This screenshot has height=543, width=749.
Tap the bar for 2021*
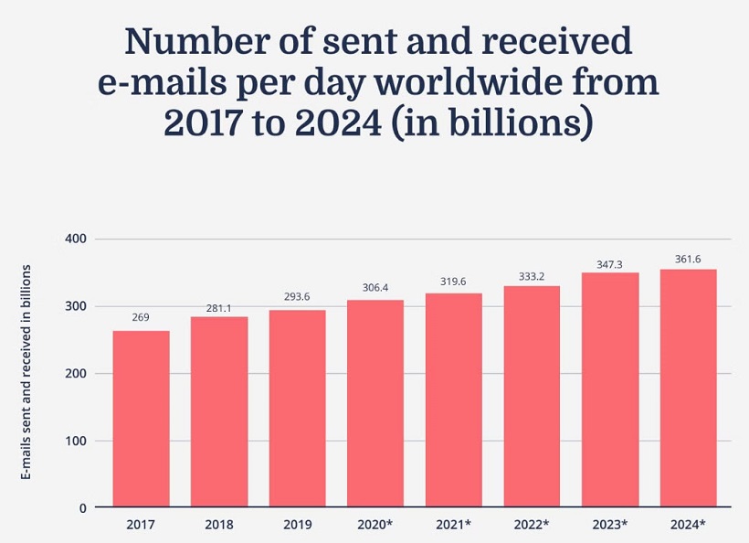(x=453, y=399)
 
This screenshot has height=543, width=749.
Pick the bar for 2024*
(x=688, y=388)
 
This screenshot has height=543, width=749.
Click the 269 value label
(x=141, y=318)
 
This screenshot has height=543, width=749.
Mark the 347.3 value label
(x=609, y=263)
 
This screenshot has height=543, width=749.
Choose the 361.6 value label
(x=688, y=260)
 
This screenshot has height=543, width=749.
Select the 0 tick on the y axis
(x=82, y=507)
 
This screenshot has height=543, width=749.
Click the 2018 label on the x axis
(x=219, y=525)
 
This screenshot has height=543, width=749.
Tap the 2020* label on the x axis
(x=376, y=525)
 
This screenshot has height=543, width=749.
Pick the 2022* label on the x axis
(x=533, y=525)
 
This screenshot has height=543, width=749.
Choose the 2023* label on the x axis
(x=610, y=525)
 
